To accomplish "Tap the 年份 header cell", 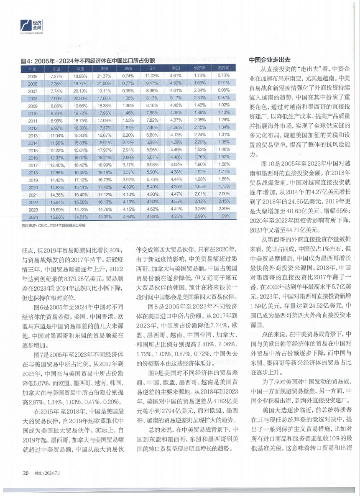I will pos(33,68).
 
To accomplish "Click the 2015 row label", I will pos(33,150).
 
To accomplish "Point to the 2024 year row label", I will pos(33,217).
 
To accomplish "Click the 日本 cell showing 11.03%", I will pos(152,76).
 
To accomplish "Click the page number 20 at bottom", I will pos(25,473).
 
